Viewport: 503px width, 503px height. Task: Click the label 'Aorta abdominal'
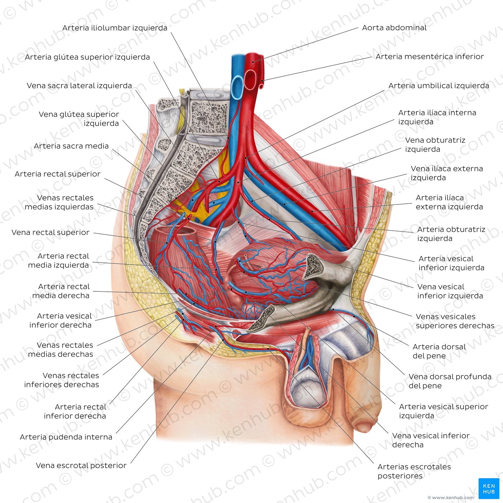[394, 28]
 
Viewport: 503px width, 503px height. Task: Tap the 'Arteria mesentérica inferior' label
[429, 56]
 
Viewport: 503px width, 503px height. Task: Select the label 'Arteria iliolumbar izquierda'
[115, 28]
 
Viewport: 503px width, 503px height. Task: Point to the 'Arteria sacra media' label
[71, 146]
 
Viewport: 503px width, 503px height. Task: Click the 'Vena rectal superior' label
[50, 232]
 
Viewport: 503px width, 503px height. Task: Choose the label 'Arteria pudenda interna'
[66, 437]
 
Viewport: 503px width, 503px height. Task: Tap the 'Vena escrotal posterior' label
[81, 466]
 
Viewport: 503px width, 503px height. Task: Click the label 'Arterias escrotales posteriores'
[414, 471]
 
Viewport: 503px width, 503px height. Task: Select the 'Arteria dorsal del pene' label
[439, 351]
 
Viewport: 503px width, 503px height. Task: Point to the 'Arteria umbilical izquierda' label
[439, 86]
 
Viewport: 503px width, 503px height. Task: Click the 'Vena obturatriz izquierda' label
[435, 144]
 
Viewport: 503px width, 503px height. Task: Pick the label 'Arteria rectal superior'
[57, 174]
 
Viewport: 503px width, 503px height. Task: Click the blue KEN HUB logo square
[489, 488]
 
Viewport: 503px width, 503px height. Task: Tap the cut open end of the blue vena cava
[237, 87]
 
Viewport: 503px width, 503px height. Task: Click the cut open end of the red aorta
[250, 79]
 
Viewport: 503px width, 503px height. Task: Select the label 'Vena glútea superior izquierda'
[79, 119]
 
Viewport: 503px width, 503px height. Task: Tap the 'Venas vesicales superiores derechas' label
[455, 321]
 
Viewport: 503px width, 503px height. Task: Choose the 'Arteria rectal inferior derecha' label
[75, 411]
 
